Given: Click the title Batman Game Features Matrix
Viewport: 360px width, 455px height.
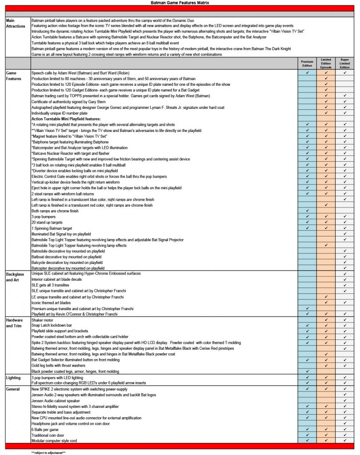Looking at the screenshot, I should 180,3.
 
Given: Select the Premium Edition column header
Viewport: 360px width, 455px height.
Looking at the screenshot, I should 307,63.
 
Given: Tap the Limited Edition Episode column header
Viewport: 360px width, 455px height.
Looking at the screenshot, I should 326,63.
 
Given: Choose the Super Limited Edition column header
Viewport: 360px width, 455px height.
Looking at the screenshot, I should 345,63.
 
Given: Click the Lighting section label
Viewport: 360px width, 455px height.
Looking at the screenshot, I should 14,377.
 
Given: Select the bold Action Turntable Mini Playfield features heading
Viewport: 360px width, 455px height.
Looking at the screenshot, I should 66,119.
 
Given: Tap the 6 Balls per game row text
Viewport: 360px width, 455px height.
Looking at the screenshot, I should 48,429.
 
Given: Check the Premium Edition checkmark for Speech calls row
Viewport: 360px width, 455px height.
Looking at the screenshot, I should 307,72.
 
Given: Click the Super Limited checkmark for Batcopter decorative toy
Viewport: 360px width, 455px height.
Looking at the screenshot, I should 345,268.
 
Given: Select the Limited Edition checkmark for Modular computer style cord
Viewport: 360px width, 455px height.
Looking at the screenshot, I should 326,440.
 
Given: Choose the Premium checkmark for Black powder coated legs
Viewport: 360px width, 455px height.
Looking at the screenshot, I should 307,371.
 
